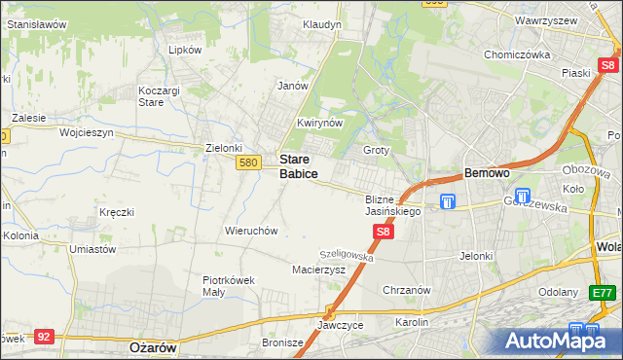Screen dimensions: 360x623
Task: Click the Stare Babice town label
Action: pos(298,165)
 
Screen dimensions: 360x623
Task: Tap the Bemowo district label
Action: pos(487,172)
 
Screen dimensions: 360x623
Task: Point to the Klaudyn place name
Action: pos(321,23)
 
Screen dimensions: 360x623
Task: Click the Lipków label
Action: pos(184,49)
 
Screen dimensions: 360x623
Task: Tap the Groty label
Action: pos(376,150)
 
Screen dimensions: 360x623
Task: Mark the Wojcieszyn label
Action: pos(87,131)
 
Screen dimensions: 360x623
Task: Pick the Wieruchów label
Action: pos(252,231)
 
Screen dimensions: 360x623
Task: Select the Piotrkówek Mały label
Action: pos(229,285)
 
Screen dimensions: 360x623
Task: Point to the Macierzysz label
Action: pos(318,270)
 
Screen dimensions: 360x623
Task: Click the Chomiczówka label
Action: pos(517,54)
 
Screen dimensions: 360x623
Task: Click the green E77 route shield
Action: pos(604,292)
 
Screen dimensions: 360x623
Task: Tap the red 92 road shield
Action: pos(43,336)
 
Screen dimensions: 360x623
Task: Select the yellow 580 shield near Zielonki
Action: pos(247,163)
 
